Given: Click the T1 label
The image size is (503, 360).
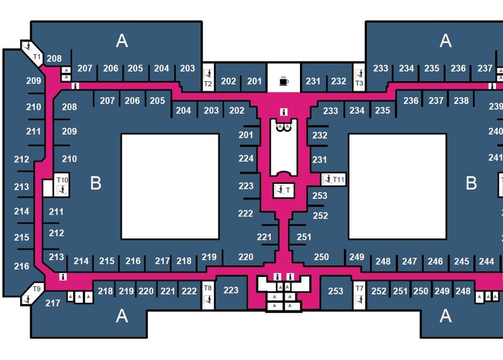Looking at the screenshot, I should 36,57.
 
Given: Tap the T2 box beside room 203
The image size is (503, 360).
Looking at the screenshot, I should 207,82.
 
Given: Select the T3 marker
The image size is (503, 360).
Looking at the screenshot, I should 360,82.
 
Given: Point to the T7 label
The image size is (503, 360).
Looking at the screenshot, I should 360,289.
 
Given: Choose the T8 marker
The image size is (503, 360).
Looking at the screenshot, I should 208,288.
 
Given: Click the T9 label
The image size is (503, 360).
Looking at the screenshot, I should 36,289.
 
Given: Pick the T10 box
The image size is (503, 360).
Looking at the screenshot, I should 62,180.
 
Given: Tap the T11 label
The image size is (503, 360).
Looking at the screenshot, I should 338,180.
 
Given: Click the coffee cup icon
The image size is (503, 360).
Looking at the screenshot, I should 284,81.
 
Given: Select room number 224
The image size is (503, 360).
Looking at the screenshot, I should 246,159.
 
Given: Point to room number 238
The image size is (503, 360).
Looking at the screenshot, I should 461,101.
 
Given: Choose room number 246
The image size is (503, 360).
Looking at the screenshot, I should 435,261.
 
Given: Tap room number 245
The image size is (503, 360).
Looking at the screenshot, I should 461,261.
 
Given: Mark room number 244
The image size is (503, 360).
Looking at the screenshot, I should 486,261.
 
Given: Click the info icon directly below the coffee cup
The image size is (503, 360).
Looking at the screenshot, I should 284,112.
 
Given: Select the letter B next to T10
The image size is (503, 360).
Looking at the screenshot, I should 96,183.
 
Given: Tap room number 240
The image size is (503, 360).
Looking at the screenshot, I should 495,132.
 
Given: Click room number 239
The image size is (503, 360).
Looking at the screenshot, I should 495,106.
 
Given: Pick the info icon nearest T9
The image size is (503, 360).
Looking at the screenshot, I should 63,276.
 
